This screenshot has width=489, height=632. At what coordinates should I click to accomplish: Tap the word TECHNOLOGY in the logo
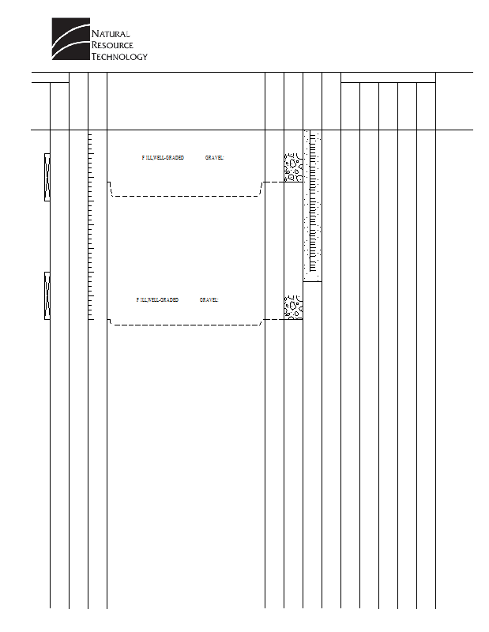119,57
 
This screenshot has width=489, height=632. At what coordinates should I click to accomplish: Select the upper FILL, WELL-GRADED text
163,158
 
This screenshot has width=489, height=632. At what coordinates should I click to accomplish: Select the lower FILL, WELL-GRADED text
157,300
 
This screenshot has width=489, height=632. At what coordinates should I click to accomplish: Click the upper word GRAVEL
215,158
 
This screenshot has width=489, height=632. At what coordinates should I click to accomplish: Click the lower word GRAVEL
209,300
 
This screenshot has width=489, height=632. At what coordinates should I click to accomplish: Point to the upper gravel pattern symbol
293,168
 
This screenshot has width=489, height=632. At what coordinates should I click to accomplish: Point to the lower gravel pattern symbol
293,307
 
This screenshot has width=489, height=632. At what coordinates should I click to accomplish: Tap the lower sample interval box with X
47,295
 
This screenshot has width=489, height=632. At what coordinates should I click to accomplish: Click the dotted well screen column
313,205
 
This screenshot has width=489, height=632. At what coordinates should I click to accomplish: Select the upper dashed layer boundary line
186,195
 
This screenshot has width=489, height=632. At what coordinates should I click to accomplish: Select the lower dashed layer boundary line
186,324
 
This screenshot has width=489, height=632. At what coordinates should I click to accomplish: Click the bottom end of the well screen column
313,279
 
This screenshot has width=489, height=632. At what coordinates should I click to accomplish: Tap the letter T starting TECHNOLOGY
95,57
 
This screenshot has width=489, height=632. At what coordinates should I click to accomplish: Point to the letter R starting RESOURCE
96,46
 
